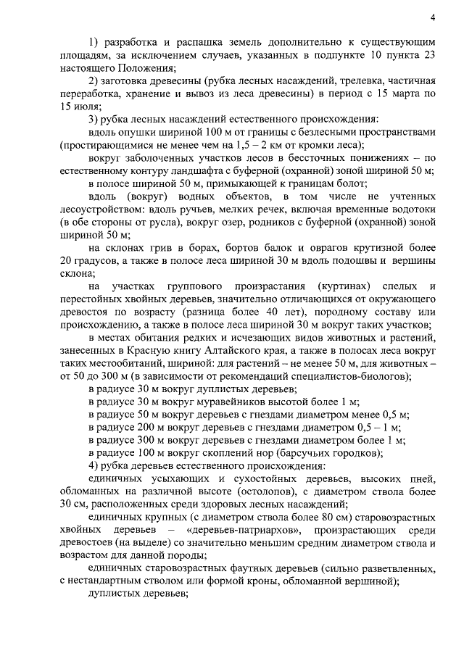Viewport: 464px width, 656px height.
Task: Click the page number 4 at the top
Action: point(432,17)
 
